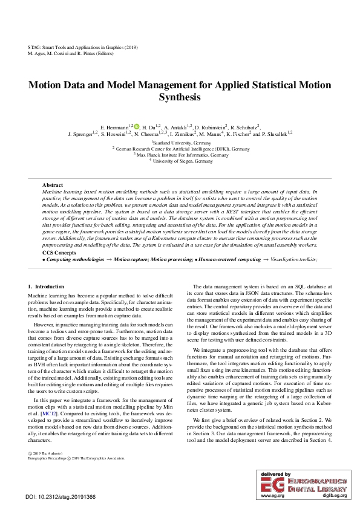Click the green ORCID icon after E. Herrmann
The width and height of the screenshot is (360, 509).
click(137, 126)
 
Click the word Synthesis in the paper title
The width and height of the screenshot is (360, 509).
click(180, 97)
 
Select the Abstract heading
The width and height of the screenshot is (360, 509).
click(53, 184)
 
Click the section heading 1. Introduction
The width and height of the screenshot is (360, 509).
click(46, 286)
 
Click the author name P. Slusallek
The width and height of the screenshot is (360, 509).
click(276, 134)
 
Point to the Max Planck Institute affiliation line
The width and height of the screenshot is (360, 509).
click(181, 155)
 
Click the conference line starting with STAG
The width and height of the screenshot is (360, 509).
click(83, 47)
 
